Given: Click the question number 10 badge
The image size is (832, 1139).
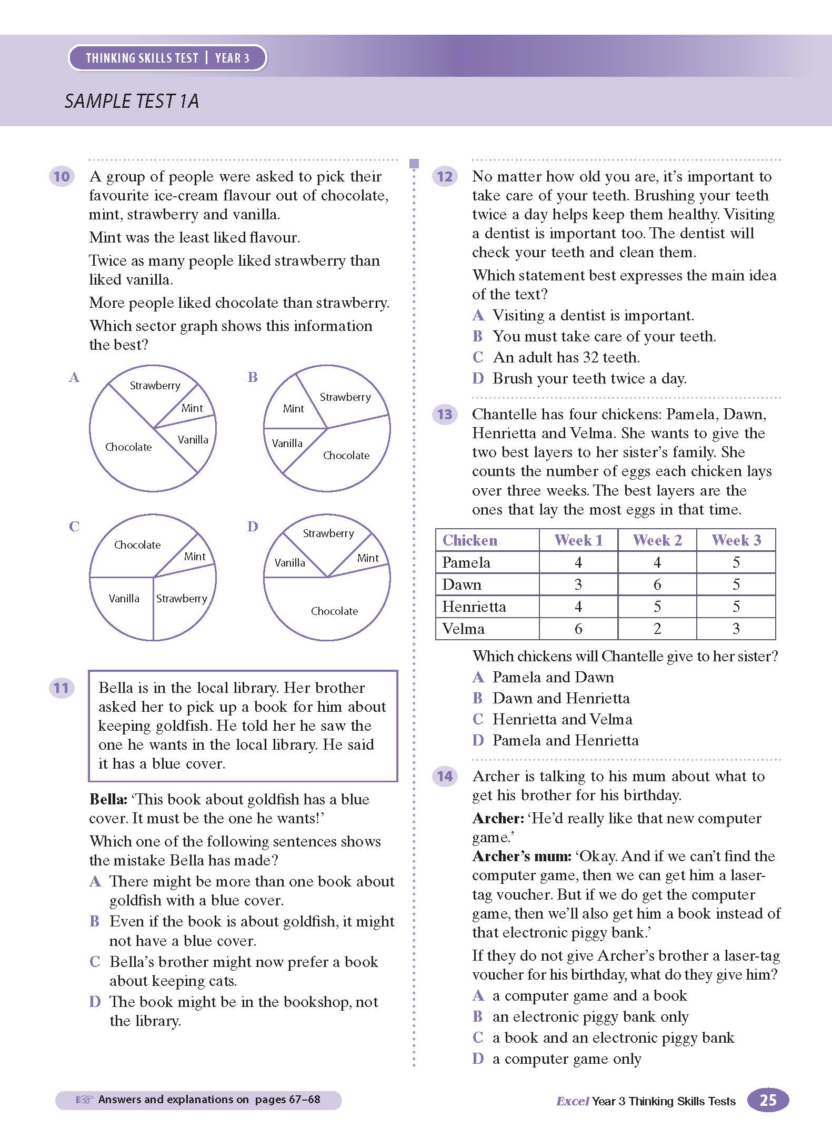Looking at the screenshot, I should pyautogui.click(x=62, y=176).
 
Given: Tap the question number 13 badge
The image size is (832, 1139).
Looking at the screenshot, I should pyautogui.click(x=445, y=414).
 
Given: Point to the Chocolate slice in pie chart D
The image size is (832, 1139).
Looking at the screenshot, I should pyautogui.click(x=334, y=611).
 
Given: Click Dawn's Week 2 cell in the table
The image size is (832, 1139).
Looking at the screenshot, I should pyautogui.click(x=657, y=584).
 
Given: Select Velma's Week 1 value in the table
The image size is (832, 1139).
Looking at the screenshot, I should pyautogui.click(x=578, y=629).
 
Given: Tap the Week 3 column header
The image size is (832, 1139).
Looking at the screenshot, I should pyautogui.click(x=736, y=540).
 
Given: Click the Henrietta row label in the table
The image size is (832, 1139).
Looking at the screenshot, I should pyautogui.click(x=474, y=607).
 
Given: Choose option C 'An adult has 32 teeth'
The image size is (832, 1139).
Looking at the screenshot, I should pyautogui.click(x=566, y=358).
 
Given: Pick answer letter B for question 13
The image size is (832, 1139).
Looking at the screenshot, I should pyautogui.click(x=478, y=698).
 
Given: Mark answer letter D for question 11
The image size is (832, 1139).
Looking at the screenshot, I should pyautogui.click(x=95, y=1002).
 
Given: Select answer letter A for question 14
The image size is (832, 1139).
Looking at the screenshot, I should pyautogui.click(x=478, y=995).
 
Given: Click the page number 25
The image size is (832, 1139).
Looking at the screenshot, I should pyautogui.click(x=768, y=1100).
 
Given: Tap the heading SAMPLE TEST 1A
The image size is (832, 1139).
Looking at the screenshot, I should pyautogui.click(x=132, y=101).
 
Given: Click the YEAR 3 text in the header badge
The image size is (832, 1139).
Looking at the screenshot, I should pyautogui.click(x=232, y=58).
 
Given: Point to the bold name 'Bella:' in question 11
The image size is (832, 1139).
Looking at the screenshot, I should pyautogui.click(x=108, y=800).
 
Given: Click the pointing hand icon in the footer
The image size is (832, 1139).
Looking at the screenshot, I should pyautogui.click(x=84, y=1100).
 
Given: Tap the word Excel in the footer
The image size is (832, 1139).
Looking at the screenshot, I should pyautogui.click(x=572, y=1101).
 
